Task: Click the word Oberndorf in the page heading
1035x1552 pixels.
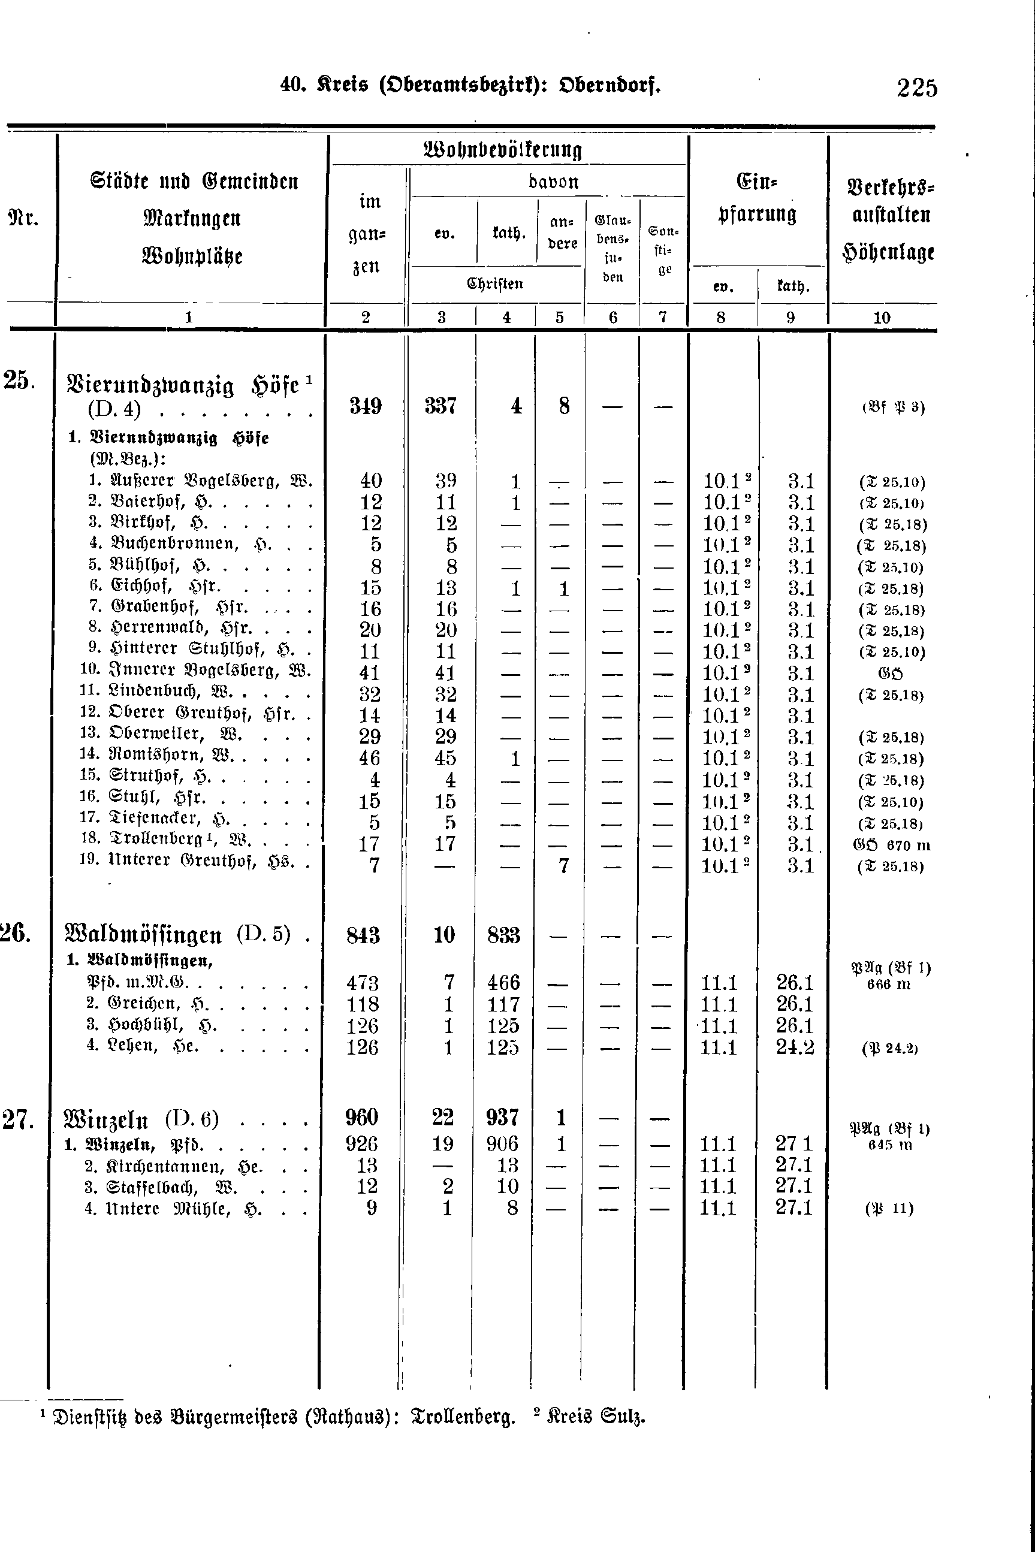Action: pos(609,86)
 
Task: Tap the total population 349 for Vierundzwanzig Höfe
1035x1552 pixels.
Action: pos(365,406)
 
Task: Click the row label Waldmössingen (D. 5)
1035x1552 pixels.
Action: pos(177,935)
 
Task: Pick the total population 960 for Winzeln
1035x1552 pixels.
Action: pos(362,1118)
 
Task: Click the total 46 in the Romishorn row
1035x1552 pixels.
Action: pos(370,758)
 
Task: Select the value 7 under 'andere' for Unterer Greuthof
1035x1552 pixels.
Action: pos(563,866)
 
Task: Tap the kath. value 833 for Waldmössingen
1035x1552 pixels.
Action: pos(503,935)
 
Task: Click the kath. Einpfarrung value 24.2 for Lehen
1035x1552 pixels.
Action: pos(795,1047)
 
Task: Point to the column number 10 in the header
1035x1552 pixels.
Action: pos(882,318)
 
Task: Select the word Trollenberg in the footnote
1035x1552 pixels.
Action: pos(463,1417)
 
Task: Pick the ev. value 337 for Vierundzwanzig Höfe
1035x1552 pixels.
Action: pos(440,406)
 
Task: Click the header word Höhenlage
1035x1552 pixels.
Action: pos(888,252)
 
